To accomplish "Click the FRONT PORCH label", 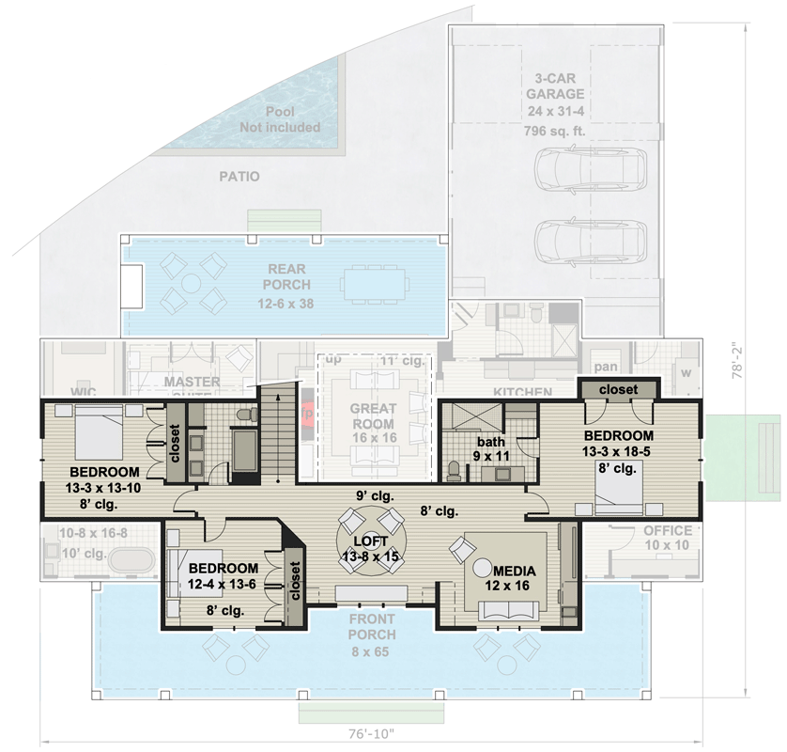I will pos(372,627).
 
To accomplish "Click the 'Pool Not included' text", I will pos(280,119).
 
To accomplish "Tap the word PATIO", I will pos(239,176).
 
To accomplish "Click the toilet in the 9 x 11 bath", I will pos(455,469).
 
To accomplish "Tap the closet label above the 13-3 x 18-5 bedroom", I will pos(617,388).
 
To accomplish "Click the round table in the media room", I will pos(484,568).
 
